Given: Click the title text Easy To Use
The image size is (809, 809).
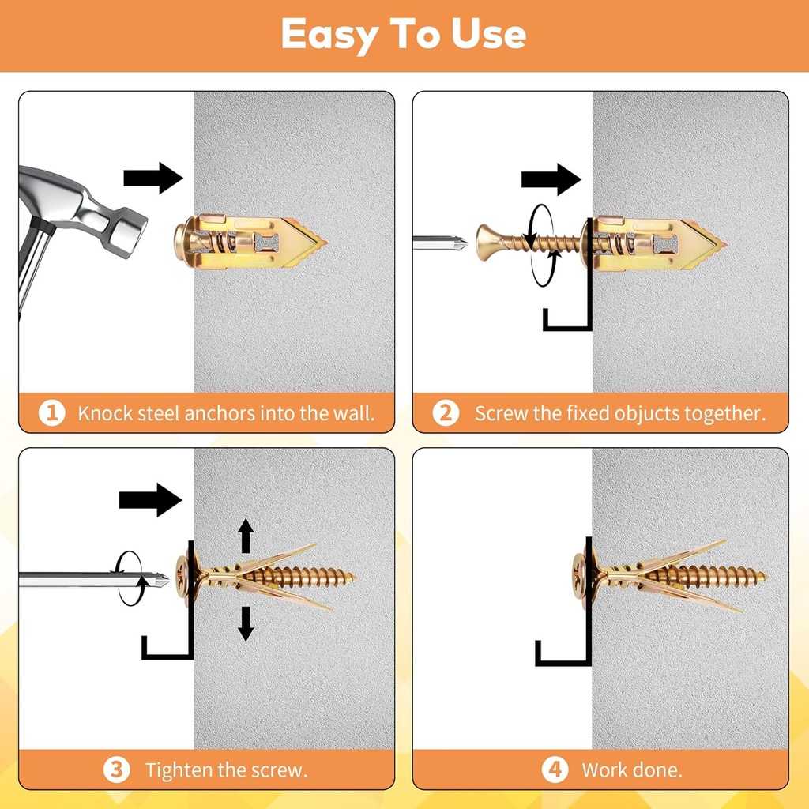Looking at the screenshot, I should pyautogui.click(x=404, y=35).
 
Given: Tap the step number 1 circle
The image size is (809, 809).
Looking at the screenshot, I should pyautogui.click(x=51, y=412).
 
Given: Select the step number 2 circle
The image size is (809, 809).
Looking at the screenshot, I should pyautogui.click(x=446, y=412).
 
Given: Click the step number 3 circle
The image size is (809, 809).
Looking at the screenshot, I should pyautogui.click(x=116, y=769).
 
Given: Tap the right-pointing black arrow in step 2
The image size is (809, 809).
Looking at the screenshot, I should pyautogui.click(x=551, y=179).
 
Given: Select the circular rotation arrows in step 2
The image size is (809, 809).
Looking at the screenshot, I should pyautogui.click(x=540, y=244).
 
